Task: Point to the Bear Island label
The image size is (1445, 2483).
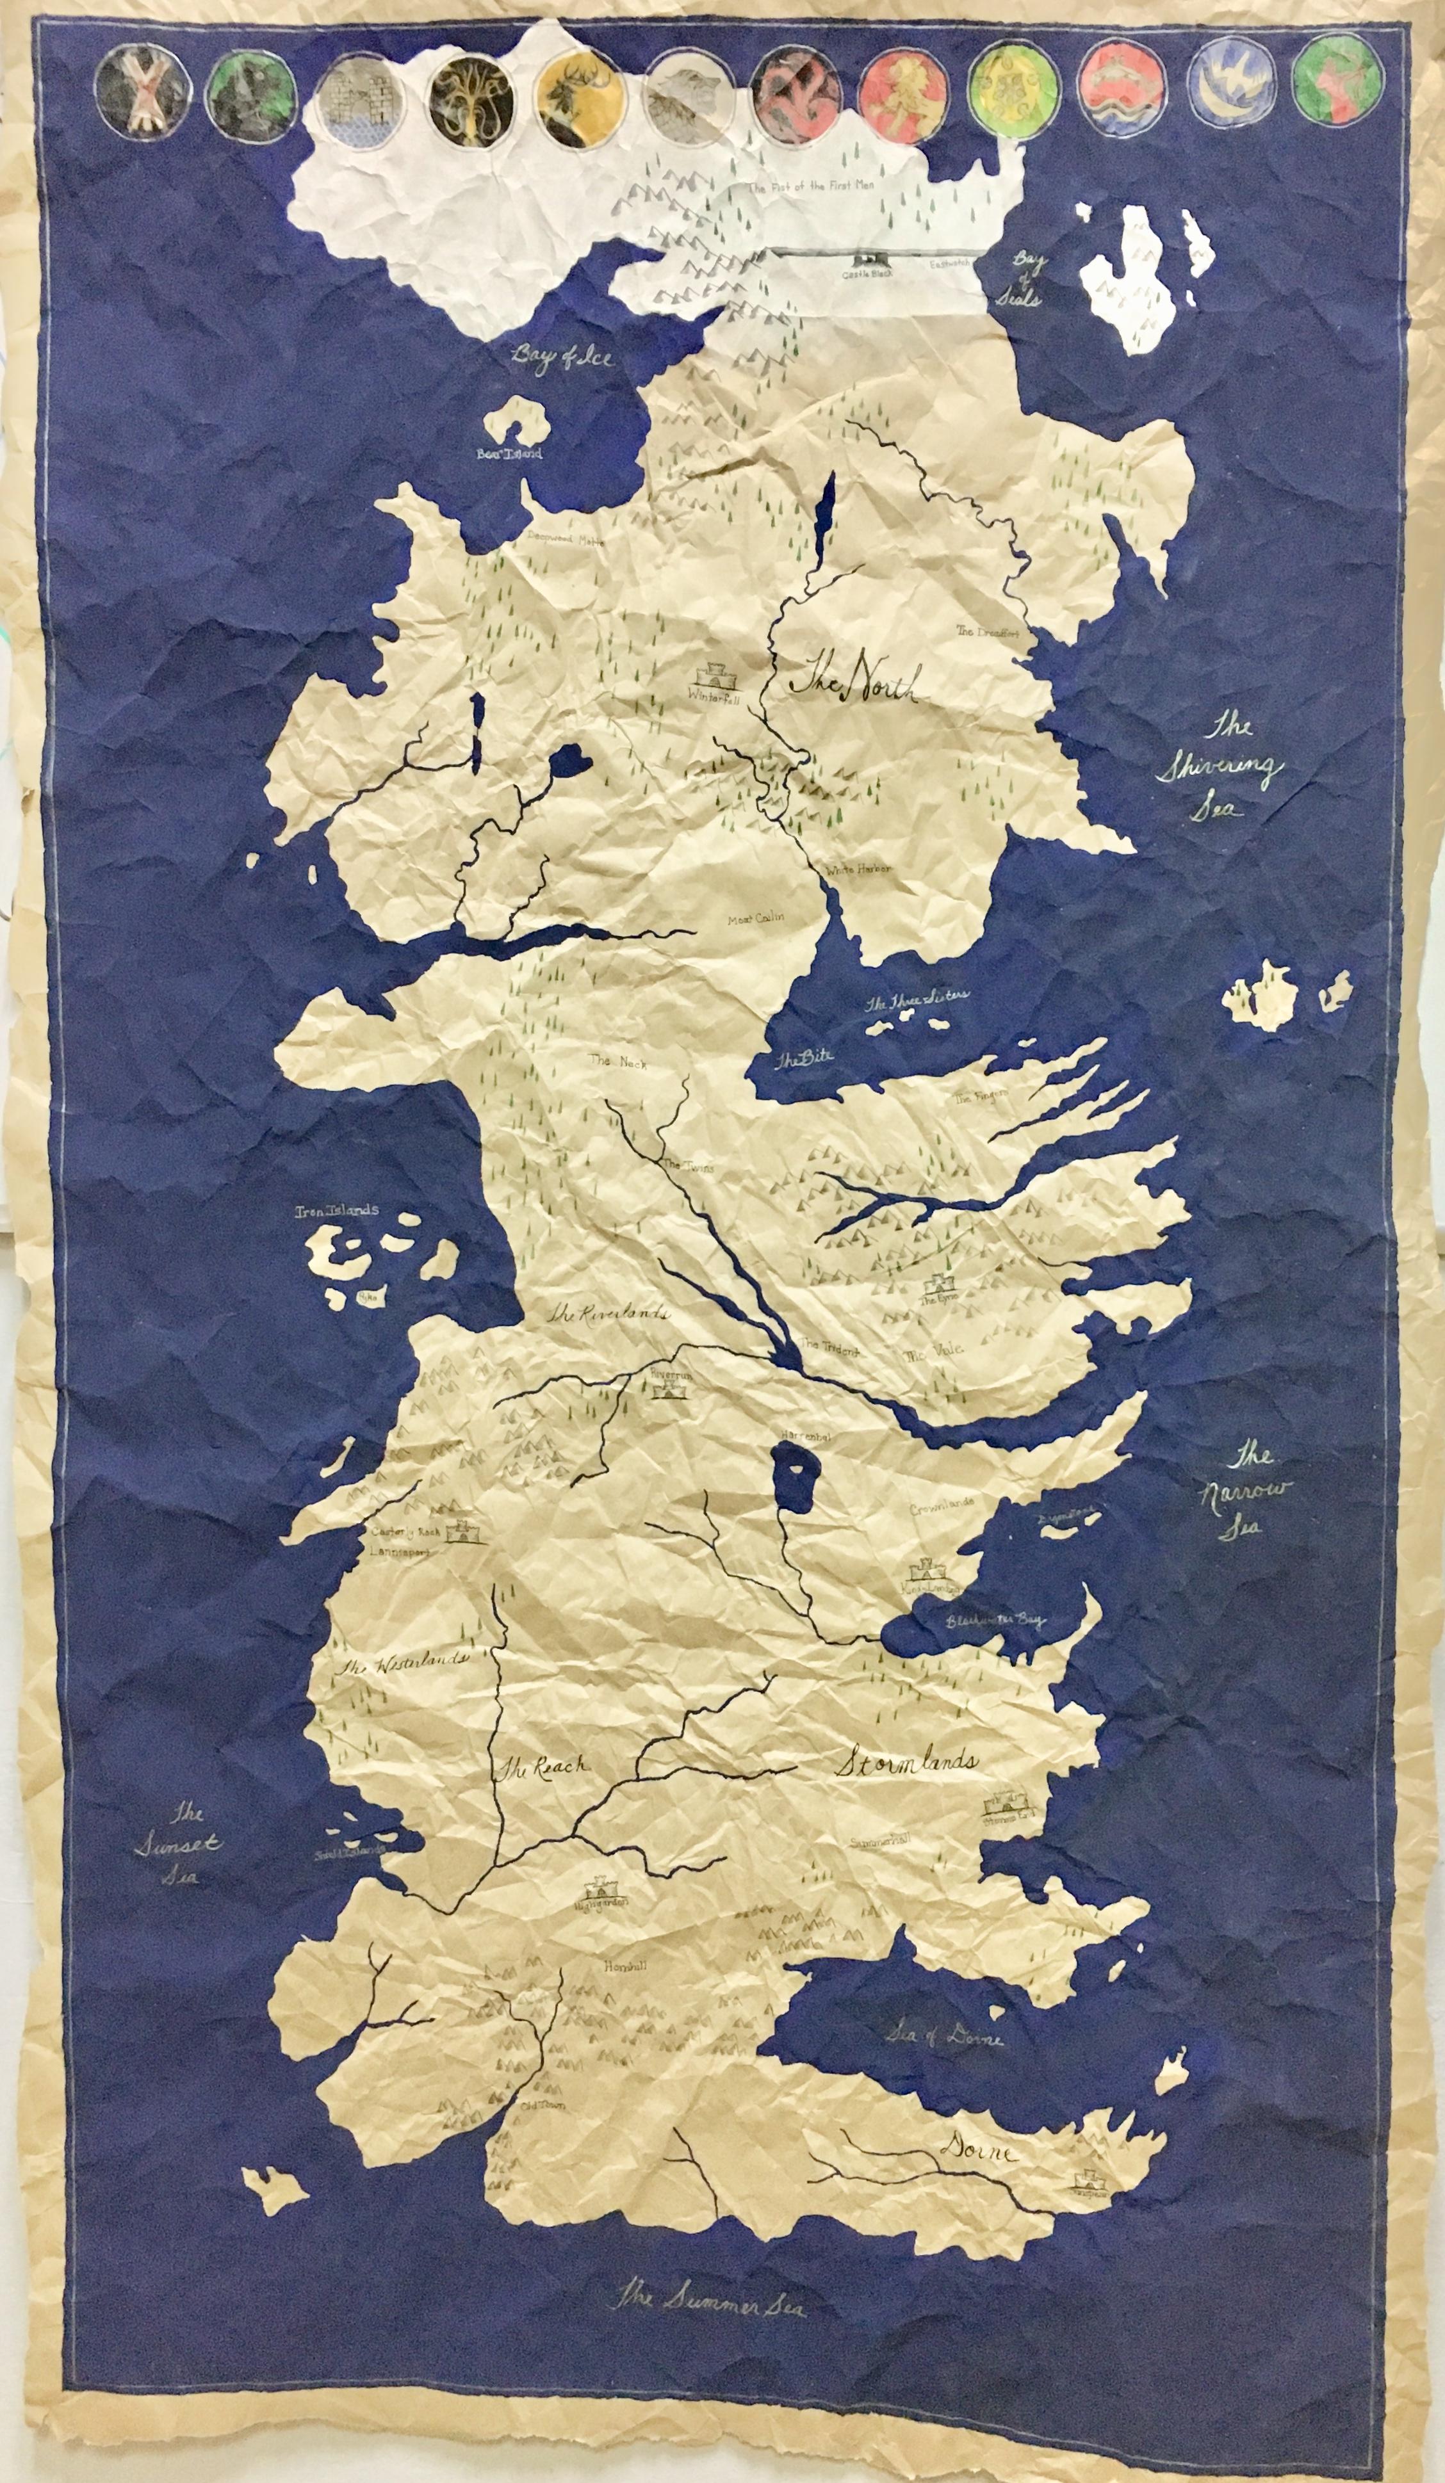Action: (508, 454)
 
